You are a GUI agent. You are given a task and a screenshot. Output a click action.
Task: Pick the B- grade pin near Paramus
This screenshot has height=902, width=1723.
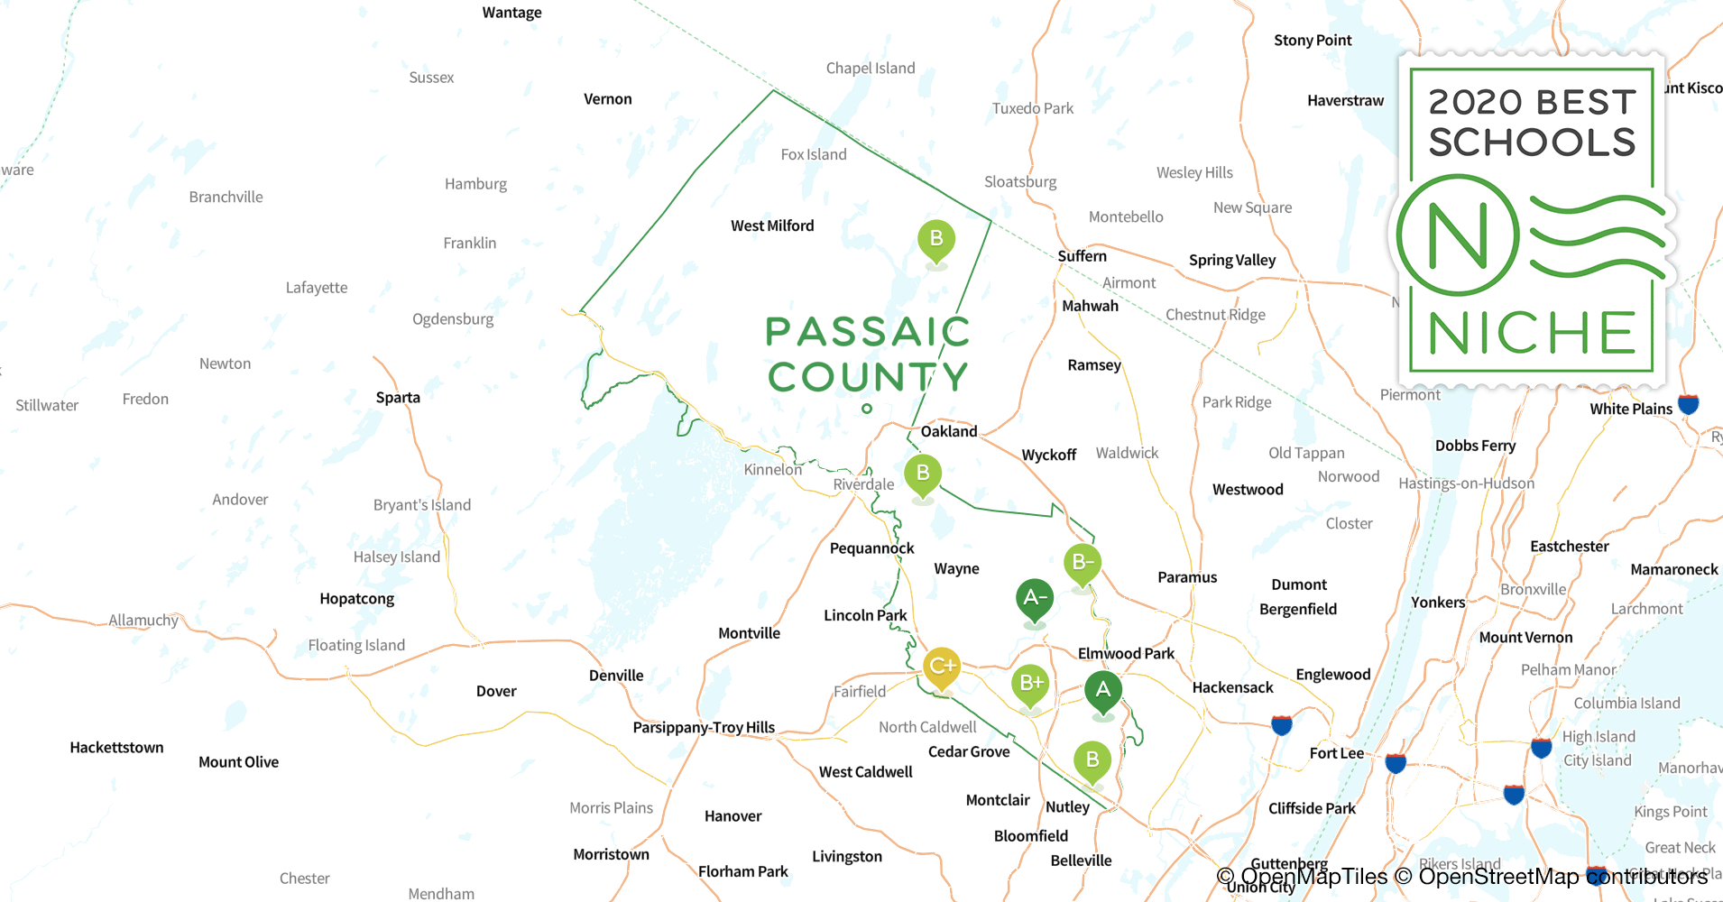click(x=1082, y=564)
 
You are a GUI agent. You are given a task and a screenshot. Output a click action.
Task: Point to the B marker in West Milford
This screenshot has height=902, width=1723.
click(x=936, y=240)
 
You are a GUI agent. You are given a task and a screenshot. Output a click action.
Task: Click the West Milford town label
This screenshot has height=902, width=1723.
click(x=772, y=225)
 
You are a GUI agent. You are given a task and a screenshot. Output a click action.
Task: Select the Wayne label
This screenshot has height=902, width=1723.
click(x=956, y=568)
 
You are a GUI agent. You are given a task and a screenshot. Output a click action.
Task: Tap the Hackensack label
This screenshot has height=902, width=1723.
click(x=1232, y=687)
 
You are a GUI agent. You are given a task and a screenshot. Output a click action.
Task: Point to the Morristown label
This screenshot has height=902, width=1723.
click(x=611, y=854)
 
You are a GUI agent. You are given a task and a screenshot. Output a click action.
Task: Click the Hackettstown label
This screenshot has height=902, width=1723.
click(x=116, y=747)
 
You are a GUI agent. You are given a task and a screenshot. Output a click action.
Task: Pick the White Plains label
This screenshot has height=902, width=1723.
click(x=1631, y=409)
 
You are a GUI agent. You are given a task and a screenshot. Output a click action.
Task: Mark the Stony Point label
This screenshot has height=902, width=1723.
click(x=1313, y=40)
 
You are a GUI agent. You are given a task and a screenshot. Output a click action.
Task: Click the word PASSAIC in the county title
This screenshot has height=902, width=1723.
click(x=868, y=332)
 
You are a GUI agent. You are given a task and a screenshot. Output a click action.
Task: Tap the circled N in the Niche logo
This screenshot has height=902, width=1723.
click(x=1458, y=236)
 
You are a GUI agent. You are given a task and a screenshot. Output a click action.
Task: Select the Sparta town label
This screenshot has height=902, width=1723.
click(x=398, y=397)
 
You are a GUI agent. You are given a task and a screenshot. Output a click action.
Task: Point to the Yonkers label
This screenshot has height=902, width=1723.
click(x=1438, y=602)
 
